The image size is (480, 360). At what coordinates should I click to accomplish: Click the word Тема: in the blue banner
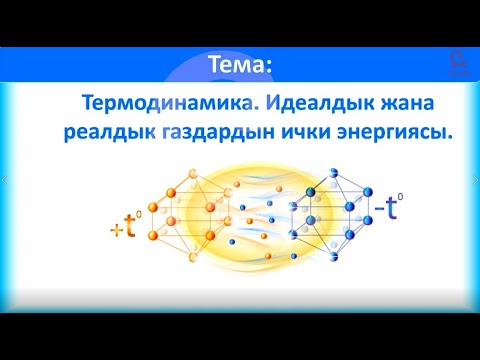[x=239, y=65]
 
